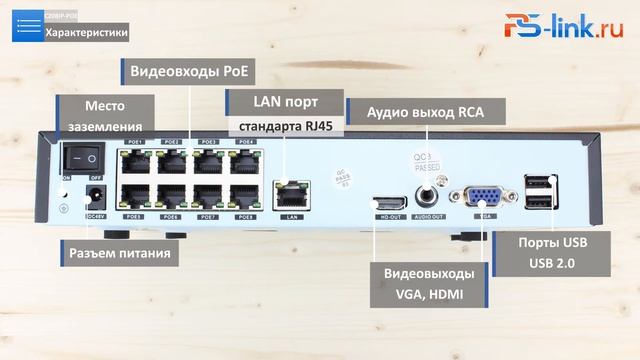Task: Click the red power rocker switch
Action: point(83,157)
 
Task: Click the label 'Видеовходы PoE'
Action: point(187,72)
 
